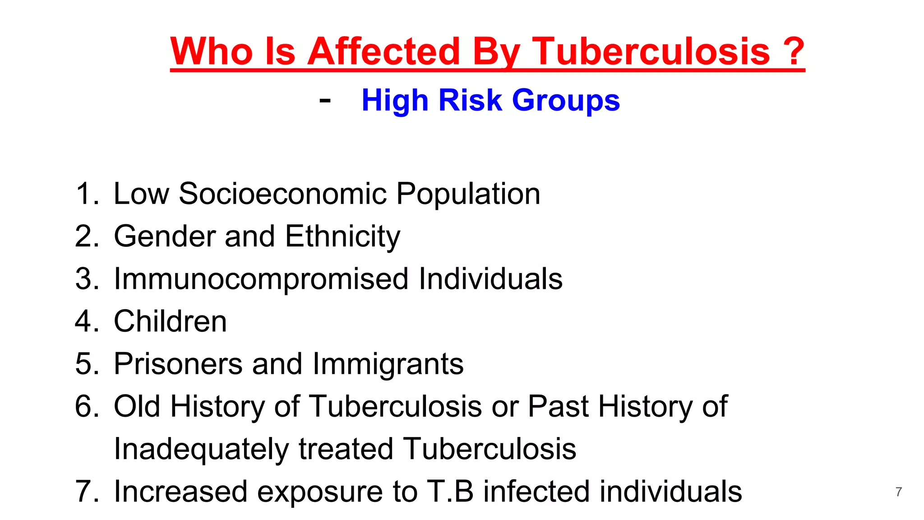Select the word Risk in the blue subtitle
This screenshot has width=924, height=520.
[x=470, y=100]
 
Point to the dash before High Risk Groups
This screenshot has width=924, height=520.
[x=325, y=100]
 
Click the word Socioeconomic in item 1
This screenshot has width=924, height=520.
[x=283, y=194]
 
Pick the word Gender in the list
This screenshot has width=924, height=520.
[x=164, y=237]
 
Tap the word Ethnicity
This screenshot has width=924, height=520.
[x=342, y=237]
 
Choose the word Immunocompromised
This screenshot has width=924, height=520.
[x=261, y=279]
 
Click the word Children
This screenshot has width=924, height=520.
[x=170, y=321]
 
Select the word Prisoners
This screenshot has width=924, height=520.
[x=178, y=364]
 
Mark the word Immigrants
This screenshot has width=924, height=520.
[x=388, y=364]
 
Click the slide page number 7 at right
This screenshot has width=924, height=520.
[x=898, y=492]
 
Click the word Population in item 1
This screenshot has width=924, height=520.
[x=468, y=194]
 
